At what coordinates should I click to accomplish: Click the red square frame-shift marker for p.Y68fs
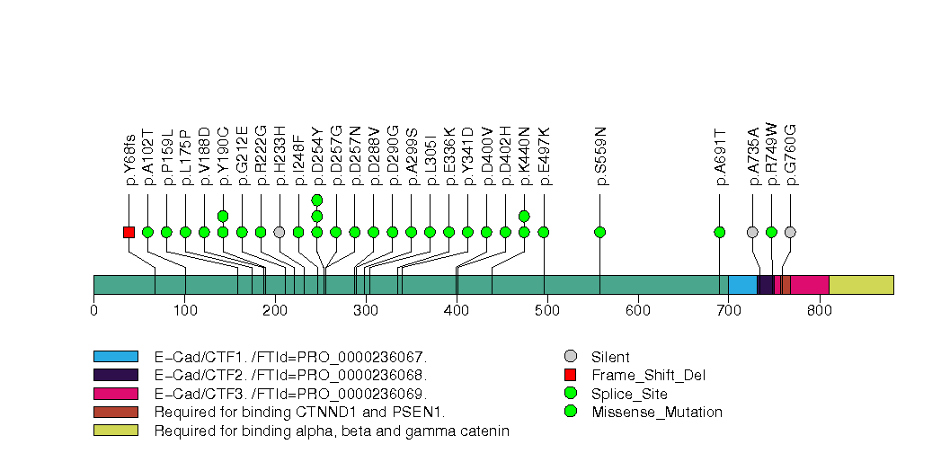(x=129, y=232)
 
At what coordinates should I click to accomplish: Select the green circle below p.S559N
(x=600, y=232)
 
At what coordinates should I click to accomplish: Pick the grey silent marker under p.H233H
(x=280, y=232)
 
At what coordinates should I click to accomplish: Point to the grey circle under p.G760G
(x=790, y=232)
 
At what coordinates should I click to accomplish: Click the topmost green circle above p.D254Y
(x=317, y=200)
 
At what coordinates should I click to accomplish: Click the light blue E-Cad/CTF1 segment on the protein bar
(x=742, y=284)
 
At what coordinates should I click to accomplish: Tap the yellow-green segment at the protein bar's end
(x=861, y=284)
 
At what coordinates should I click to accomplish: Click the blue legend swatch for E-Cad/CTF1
(x=115, y=357)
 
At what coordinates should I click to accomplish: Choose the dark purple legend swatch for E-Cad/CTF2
(x=115, y=375)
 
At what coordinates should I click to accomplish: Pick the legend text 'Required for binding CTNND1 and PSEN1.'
(x=299, y=413)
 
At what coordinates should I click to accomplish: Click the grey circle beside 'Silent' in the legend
(x=570, y=357)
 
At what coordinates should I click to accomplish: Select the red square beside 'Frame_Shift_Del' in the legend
(x=570, y=375)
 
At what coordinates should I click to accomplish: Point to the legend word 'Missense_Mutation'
(x=657, y=413)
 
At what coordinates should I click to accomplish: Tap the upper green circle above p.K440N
(x=524, y=216)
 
